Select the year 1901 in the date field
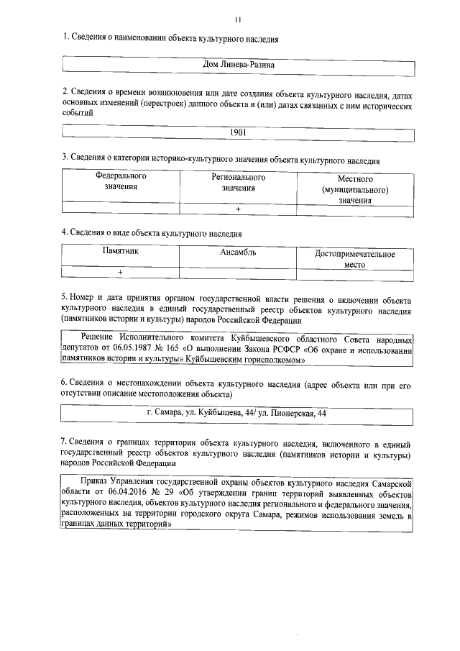pyautogui.click(x=238, y=132)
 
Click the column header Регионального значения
pyautogui.click(x=239, y=182)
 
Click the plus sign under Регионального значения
pyautogui.click(x=238, y=209)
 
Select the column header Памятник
pyautogui.click(x=120, y=252)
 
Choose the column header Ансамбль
pyautogui.click(x=238, y=252)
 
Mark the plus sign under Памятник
pyautogui.click(x=120, y=273)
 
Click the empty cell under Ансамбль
pyautogui.click(x=238, y=273)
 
